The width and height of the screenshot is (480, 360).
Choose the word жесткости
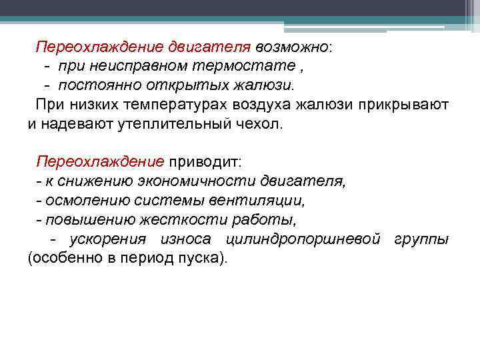point(169,219)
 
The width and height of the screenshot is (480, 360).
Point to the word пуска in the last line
point(198,258)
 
